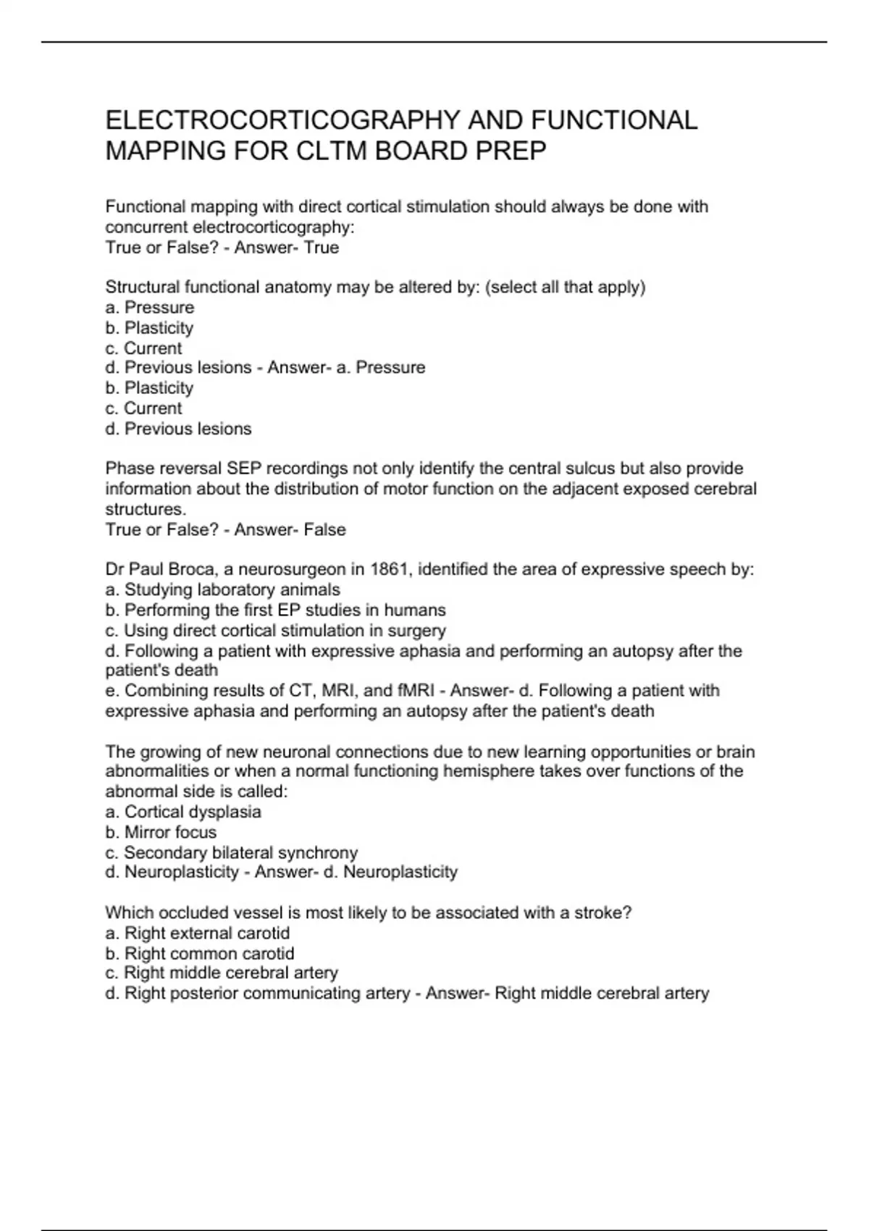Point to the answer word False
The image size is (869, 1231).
coord(324,529)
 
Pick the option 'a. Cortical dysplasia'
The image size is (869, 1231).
coord(183,812)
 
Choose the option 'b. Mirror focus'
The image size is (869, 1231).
coord(161,832)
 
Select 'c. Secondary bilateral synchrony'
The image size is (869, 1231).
coord(232,852)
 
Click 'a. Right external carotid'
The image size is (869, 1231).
coord(197,933)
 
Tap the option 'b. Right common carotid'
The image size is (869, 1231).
coord(200,953)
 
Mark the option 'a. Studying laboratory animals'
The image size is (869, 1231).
coord(222,589)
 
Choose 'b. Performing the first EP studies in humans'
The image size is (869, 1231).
coord(275,610)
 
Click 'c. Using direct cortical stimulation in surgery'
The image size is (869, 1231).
coord(275,630)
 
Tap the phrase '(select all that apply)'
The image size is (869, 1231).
coord(565,287)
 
